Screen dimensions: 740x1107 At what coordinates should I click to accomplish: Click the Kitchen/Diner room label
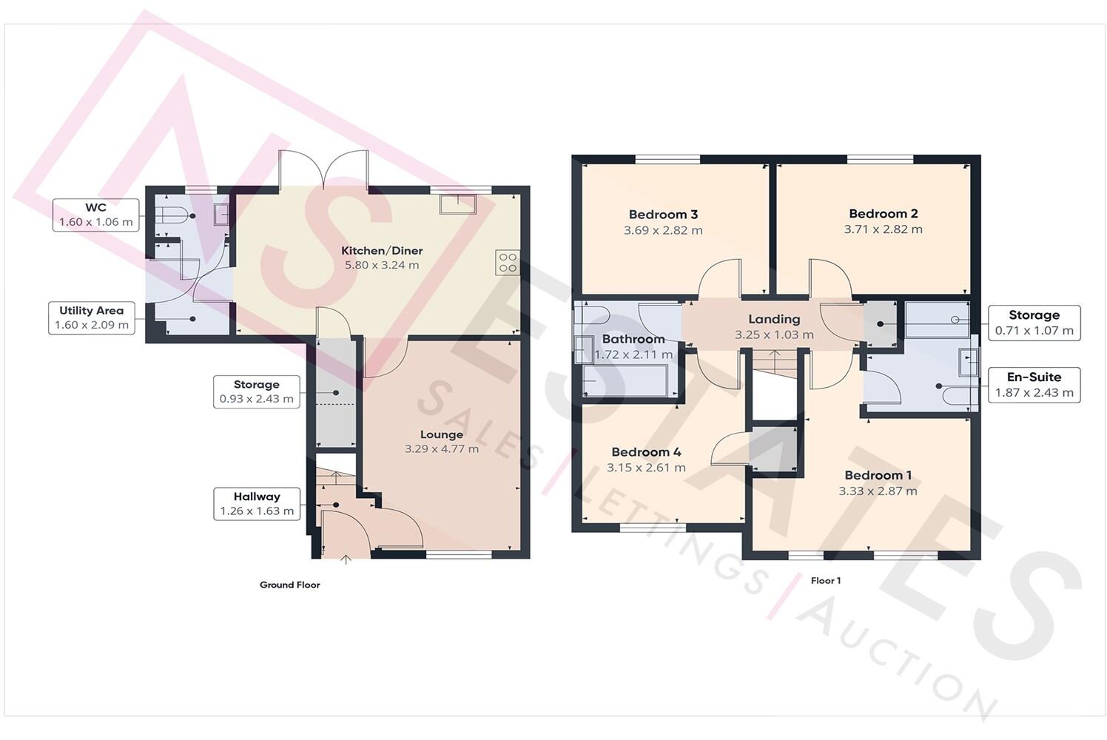pos(382,251)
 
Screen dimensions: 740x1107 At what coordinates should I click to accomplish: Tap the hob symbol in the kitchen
pos(508,263)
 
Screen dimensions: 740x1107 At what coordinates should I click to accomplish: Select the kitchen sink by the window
pos(457,203)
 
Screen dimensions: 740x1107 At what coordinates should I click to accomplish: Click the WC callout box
pos(95,215)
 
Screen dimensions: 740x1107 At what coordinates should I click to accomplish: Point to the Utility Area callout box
pos(92,317)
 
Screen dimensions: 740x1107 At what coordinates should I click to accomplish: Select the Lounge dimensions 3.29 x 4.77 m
pos(442,448)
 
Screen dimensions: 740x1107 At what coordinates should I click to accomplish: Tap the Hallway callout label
pos(257,503)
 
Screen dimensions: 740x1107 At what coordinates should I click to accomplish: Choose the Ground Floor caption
pos(289,585)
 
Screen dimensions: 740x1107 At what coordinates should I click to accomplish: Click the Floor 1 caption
pos(825,581)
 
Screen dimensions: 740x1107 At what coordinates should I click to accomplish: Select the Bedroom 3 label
pos(663,215)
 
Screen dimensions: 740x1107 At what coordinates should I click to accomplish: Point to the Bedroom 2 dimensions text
pos(883,229)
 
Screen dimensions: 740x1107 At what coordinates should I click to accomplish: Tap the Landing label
pos(774,319)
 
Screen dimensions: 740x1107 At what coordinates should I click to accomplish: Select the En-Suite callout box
pos(1034,385)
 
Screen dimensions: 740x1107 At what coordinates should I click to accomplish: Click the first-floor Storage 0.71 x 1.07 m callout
pos(1034,323)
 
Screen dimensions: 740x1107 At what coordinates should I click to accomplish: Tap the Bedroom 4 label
pos(646,452)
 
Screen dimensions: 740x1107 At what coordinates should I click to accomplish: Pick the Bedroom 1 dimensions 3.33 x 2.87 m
pos(878,491)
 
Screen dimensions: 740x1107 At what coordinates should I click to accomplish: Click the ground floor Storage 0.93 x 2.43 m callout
pos(256,391)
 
